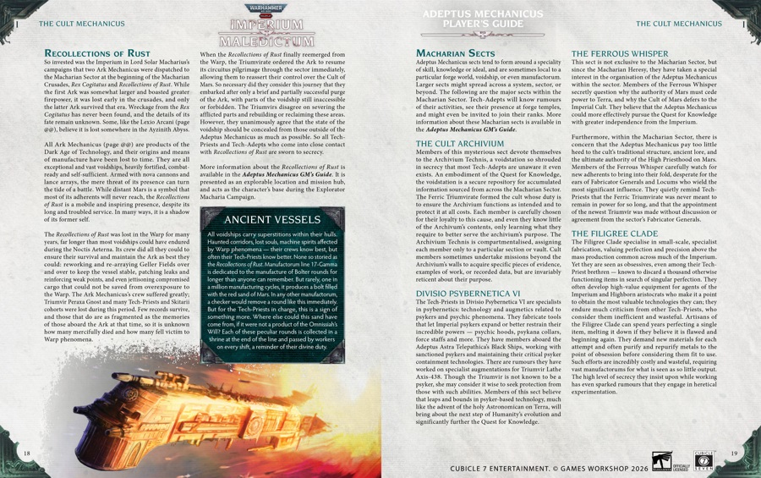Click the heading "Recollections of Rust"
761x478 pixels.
(96, 54)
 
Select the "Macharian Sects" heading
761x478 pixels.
(456, 54)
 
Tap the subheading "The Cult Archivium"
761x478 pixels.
(461, 144)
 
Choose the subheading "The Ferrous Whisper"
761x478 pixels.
(620, 53)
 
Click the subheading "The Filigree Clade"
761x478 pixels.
(615, 234)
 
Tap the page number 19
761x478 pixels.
(734, 454)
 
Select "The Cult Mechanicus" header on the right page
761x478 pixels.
(679, 24)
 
